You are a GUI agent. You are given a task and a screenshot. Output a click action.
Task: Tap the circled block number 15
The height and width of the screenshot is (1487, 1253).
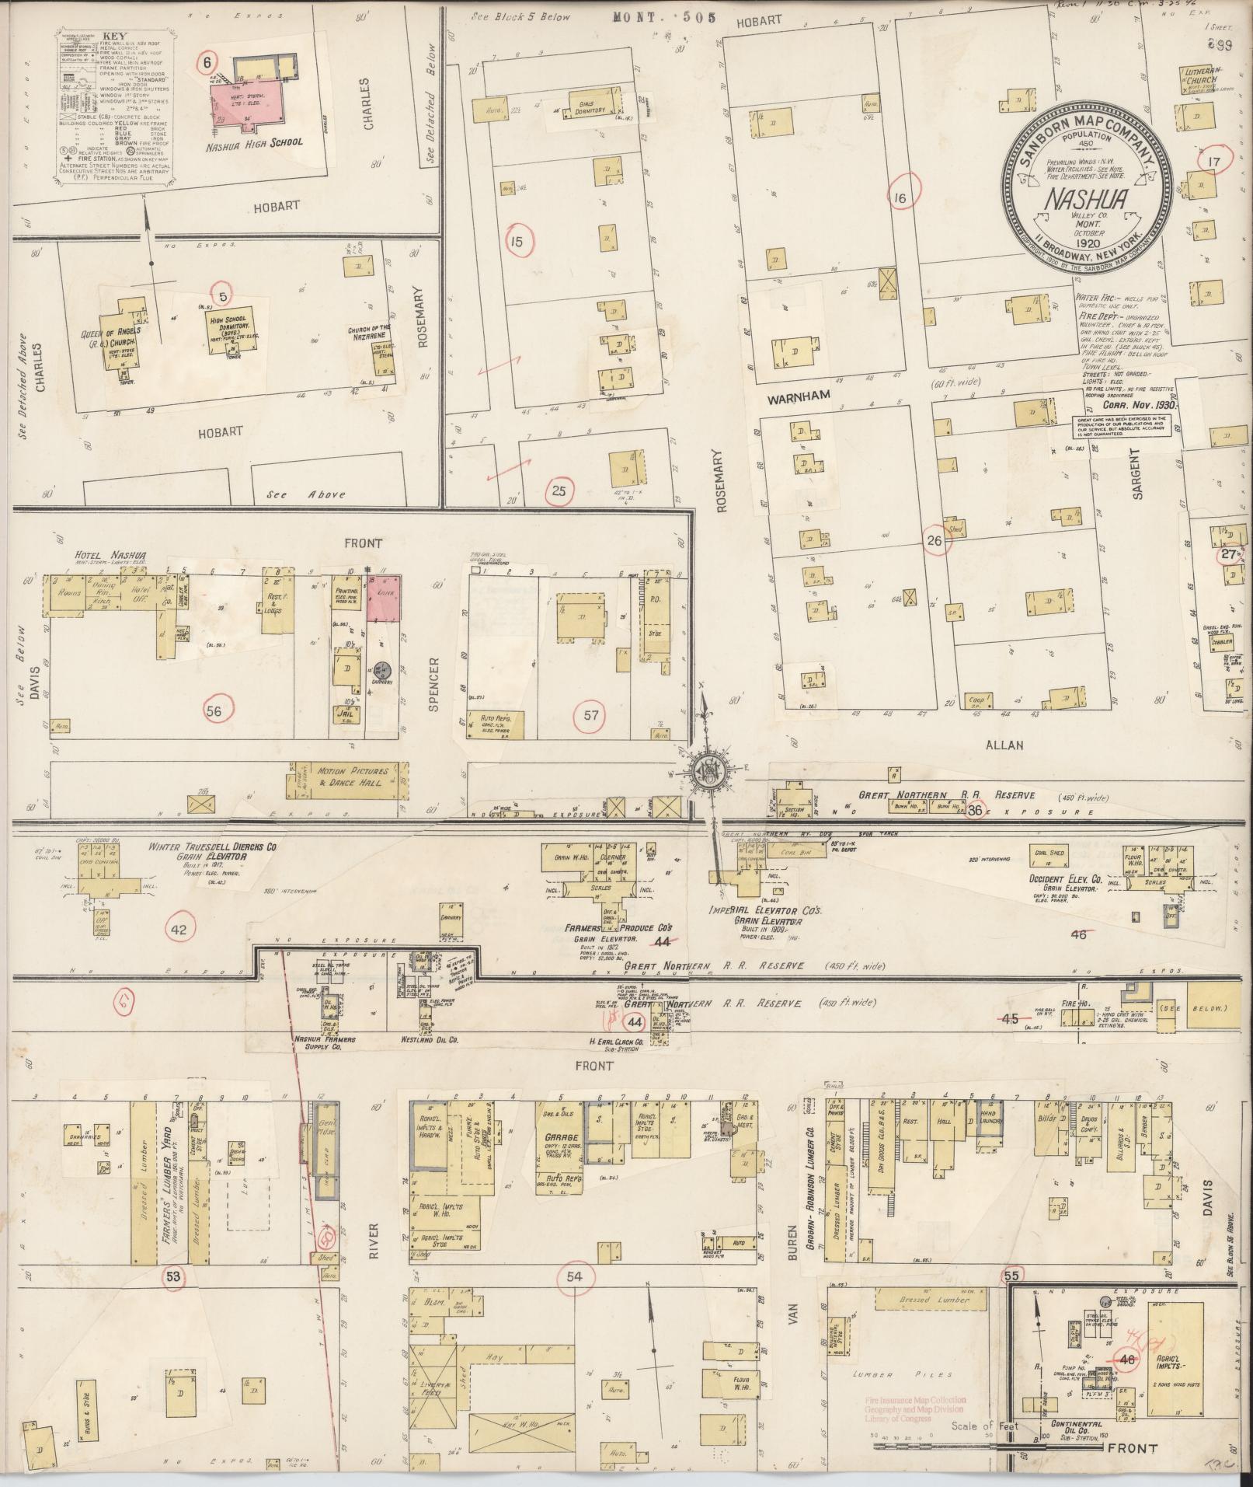point(516,242)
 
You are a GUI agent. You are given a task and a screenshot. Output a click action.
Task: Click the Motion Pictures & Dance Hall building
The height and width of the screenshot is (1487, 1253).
point(349,778)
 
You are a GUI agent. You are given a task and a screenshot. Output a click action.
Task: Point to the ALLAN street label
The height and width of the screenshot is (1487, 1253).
point(1004,745)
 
